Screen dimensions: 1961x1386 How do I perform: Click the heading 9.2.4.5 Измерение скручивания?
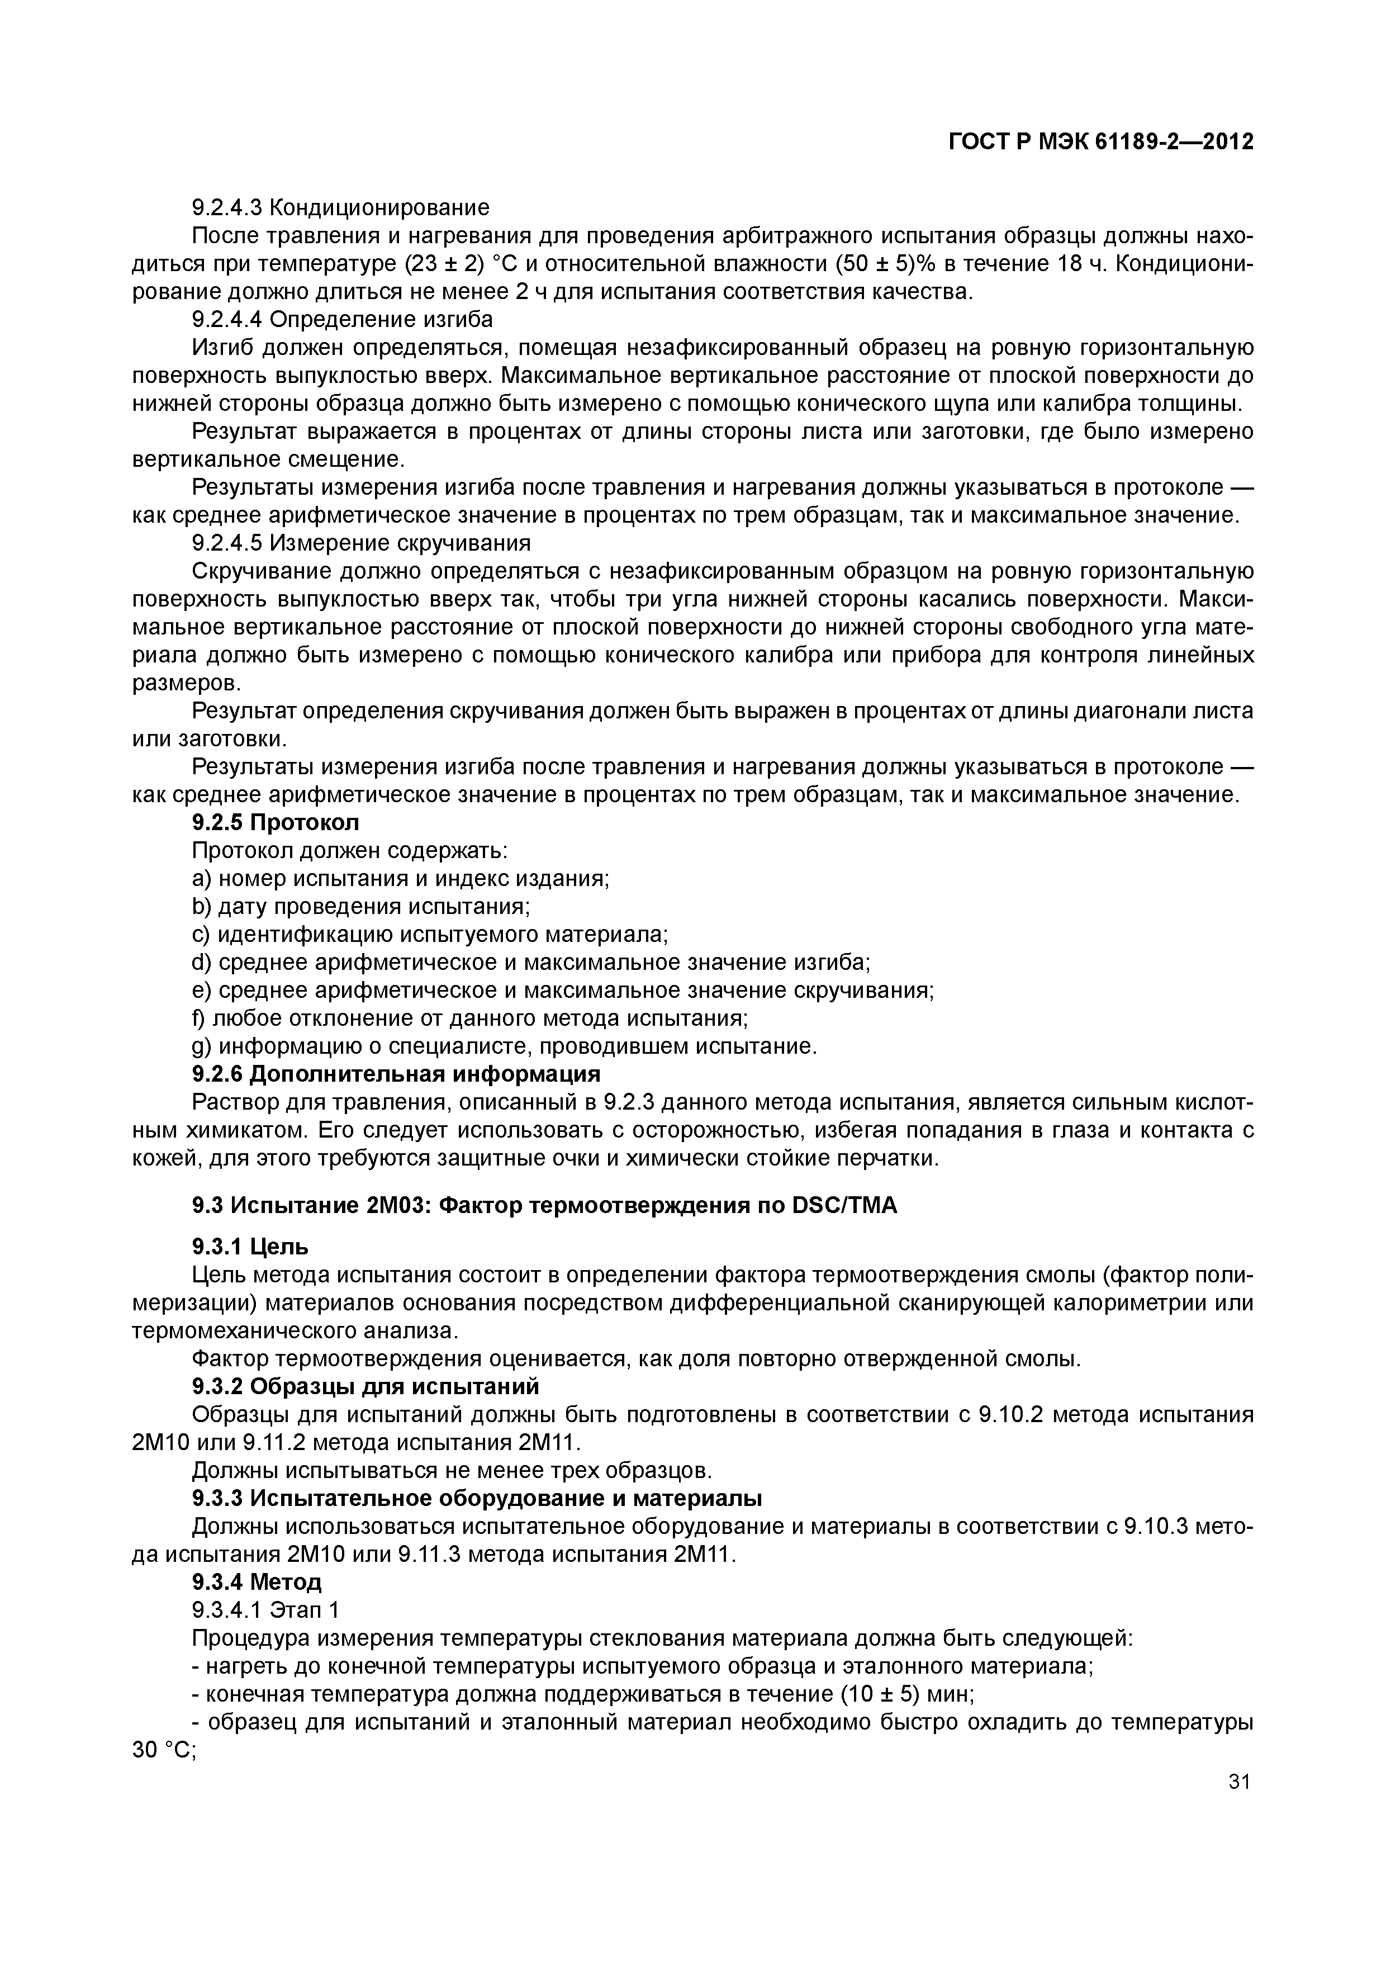361,543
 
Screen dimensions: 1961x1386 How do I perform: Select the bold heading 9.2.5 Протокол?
276,822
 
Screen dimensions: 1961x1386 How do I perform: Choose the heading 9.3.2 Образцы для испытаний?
366,1385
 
